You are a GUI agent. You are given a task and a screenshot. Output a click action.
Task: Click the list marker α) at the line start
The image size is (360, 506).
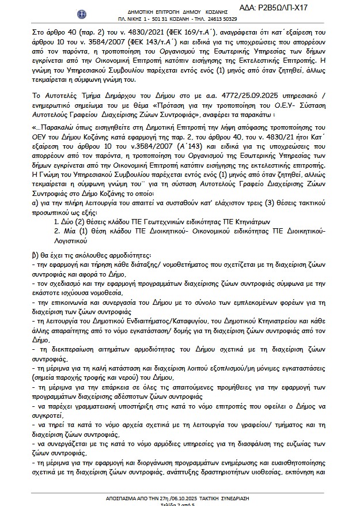click(36, 203)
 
